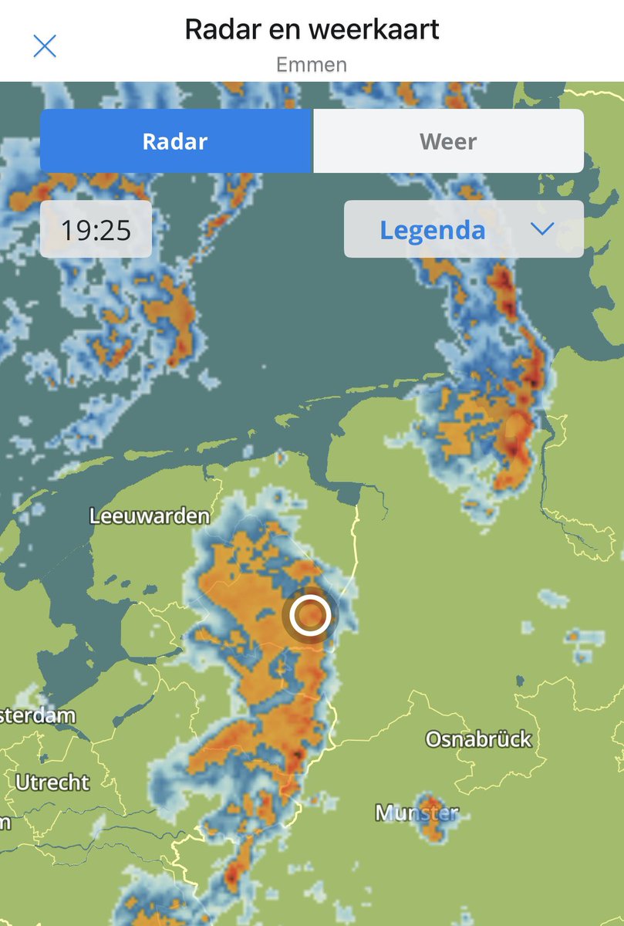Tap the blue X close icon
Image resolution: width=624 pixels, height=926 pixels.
point(45,46)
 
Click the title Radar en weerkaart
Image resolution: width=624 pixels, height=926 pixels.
point(312,29)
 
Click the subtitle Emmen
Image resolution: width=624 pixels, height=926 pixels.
point(312,64)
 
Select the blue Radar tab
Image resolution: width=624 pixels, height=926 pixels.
point(176,141)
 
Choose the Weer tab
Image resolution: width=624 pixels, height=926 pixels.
point(448,141)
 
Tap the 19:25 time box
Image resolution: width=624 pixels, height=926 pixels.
point(96,229)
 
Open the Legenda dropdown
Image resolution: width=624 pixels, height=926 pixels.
point(464,229)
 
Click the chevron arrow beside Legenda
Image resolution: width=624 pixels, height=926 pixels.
point(543,228)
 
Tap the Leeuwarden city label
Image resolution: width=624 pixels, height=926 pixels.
point(150,516)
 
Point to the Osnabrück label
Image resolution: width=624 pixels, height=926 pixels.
point(479,739)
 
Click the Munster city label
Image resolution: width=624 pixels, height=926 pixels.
point(417,813)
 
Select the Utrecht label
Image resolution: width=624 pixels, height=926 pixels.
point(52,782)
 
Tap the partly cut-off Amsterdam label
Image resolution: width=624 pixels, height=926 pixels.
point(37,715)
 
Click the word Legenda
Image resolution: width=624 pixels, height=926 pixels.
point(433,229)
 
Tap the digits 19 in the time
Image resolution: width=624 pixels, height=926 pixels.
point(77,229)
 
